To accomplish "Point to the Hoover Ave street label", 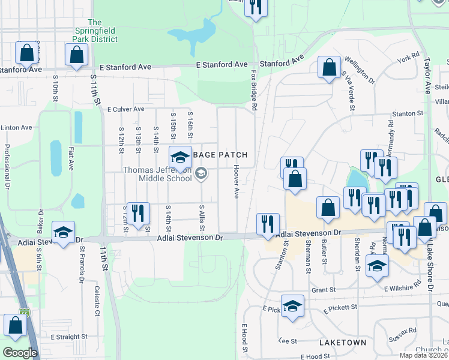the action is pyautogui.click(x=237, y=182).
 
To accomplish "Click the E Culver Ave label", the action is pyautogui.click(x=125, y=109).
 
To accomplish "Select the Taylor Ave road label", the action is pyautogui.click(x=428, y=75).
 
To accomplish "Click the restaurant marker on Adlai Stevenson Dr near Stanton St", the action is pyautogui.click(x=267, y=224).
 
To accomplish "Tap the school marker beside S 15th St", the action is pyautogui.click(x=179, y=157).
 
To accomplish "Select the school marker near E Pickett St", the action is pyautogui.click(x=292, y=306).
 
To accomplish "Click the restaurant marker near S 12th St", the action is pyautogui.click(x=138, y=213).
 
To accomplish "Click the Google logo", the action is pyautogui.click(x=20, y=352).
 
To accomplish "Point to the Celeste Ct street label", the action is pyautogui.click(x=97, y=301).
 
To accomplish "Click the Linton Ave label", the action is pyautogui.click(x=16, y=128).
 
